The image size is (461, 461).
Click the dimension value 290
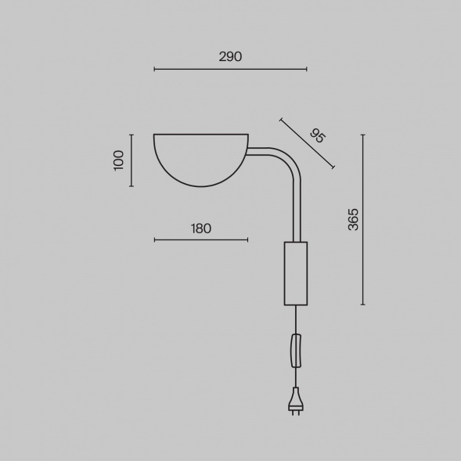(230, 56)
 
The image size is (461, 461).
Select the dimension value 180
(201, 229)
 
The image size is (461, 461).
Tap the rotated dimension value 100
(118, 160)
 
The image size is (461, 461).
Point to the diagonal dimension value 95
(318, 136)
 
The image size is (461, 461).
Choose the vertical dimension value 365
(353, 219)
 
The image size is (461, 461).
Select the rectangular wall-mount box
(296, 273)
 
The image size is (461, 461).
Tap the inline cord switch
(297, 351)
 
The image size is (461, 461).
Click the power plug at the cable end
(296, 402)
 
